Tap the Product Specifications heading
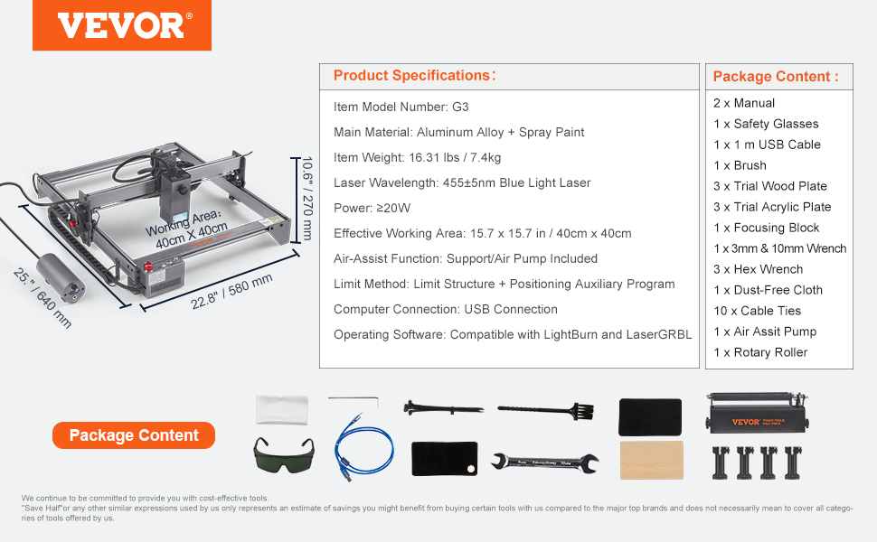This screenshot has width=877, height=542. point(414,76)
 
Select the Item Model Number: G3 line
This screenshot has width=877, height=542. point(401,107)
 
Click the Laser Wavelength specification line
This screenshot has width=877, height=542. point(462,182)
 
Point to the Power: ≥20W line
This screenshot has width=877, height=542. point(372,208)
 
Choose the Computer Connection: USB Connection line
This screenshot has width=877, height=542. point(445,309)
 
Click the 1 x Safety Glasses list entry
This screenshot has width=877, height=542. point(766,124)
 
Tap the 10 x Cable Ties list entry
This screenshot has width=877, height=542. point(757,311)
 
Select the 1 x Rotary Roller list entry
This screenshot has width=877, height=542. point(760,352)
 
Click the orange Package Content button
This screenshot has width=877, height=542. point(134,435)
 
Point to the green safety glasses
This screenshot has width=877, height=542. point(284,454)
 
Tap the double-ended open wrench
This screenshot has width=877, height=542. point(545,463)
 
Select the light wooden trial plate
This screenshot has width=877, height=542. point(652,460)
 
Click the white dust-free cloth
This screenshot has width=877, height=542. point(282,409)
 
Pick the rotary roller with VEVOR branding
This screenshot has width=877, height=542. point(758,414)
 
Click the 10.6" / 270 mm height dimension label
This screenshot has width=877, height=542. point(307,199)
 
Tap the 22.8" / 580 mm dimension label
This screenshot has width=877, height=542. point(231,291)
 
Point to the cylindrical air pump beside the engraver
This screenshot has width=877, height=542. point(61,277)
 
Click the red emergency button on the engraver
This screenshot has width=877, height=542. point(148,266)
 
